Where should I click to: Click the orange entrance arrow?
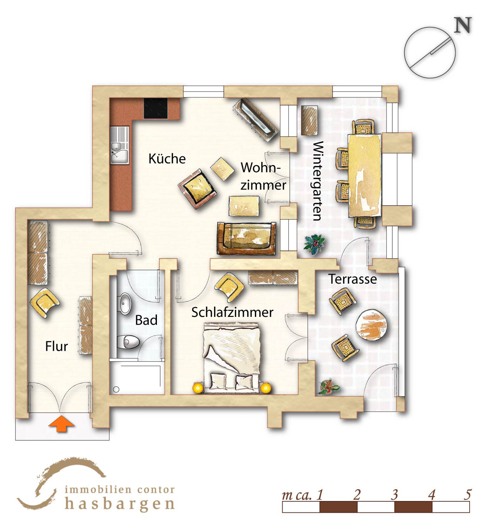tap(61, 424)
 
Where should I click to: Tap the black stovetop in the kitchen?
tap(156, 108)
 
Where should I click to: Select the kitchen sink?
tap(119, 145)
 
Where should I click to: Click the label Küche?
tap(167, 159)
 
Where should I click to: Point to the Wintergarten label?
tap(318, 181)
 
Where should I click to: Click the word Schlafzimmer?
tap(232, 312)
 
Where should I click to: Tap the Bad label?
tap(146, 320)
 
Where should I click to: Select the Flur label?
tap(56, 346)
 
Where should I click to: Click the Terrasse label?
tap(352, 279)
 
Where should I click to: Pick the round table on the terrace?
tap(371, 325)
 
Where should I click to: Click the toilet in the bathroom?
tap(128, 342)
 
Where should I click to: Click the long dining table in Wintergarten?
tap(365, 175)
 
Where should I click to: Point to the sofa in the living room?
tap(246, 238)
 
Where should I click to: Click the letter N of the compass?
tap(463, 25)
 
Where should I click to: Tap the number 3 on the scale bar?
tap(394, 495)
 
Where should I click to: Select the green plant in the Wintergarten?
tap(314, 244)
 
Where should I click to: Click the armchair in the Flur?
tap(45, 302)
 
